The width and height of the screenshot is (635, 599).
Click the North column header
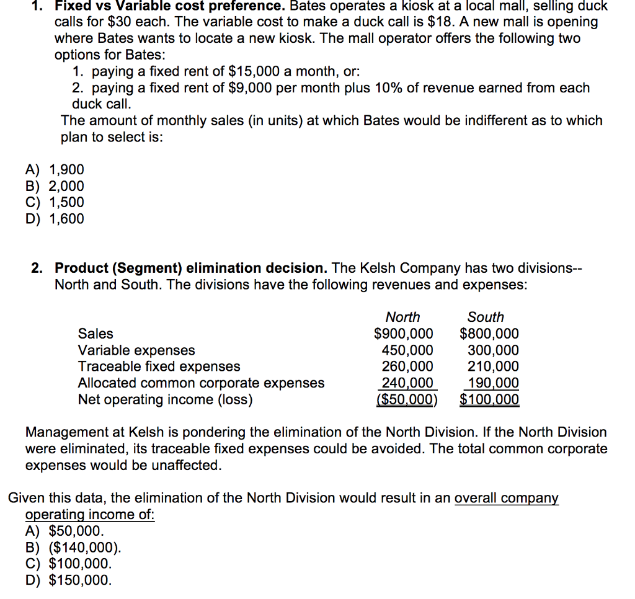click(x=402, y=317)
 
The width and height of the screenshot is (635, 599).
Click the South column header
click(x=486, y=317)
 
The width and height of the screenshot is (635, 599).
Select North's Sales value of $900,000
click(x=404, y=334)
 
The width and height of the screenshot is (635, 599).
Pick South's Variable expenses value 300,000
click(x=493, y=350)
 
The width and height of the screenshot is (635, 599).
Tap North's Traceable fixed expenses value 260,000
click(x=407, y=366)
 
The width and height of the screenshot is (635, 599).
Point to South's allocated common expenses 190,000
click(x=493, y=383)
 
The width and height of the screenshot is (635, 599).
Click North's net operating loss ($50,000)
click(x=407, y=400)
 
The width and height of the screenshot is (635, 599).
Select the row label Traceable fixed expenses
click(x=159, y=366)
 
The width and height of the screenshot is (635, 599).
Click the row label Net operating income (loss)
click(x=165, y=400)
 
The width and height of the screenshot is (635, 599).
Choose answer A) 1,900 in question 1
click(x=55, y=170)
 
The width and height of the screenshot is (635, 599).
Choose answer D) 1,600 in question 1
click(x=55, y=219)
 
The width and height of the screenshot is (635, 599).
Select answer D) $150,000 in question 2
click(x=69, y=580)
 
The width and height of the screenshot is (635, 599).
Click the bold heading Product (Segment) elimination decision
click(x=191, y=268)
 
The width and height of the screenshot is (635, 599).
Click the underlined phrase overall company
click(x=506, y=498)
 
